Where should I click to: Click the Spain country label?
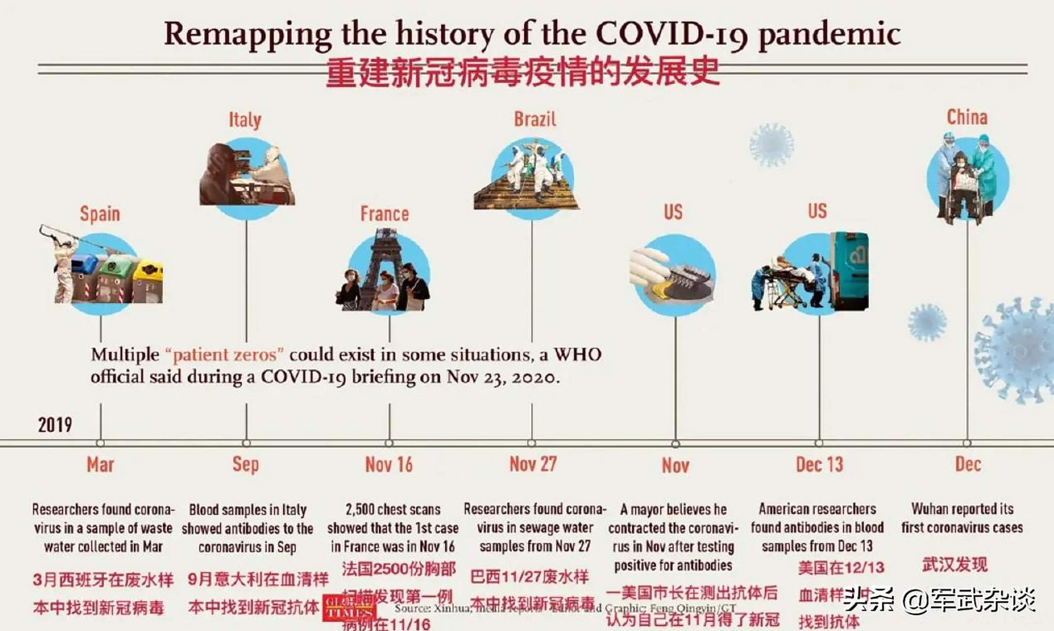(100, 214)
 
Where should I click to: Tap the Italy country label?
(245, 119)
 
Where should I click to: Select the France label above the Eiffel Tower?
(384, 214)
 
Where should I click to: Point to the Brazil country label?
(535, 119)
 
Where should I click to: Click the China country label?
(967, 117)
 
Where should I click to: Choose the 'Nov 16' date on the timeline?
(389, 464)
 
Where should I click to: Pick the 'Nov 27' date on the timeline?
(533, 464)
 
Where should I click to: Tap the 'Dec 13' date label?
(819, 464)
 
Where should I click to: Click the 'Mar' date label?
(100, 464)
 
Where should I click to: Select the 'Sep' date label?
(245, 464)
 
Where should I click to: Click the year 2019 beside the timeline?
(55, 424)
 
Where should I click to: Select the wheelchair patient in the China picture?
(962, 182)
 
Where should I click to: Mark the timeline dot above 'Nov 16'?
(389, 443)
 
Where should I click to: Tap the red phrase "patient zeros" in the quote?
(224, 355)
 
